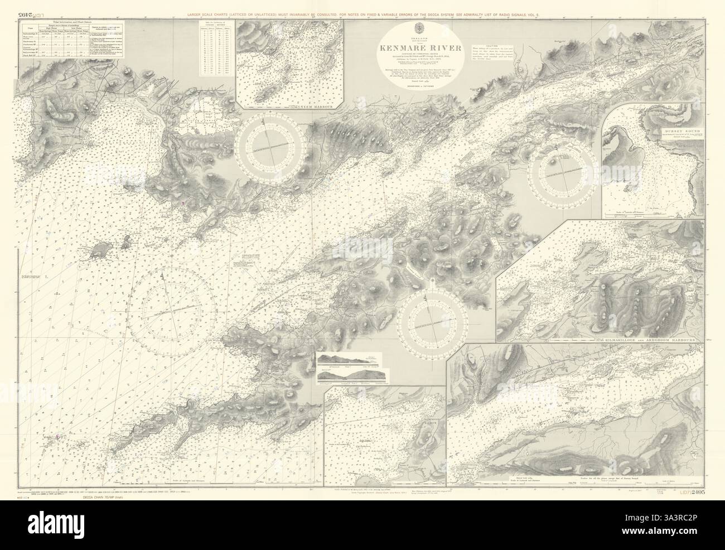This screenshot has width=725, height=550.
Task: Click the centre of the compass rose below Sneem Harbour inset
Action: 270,147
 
